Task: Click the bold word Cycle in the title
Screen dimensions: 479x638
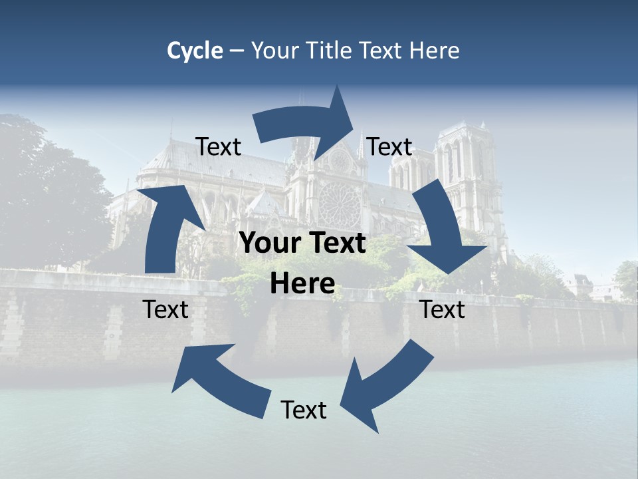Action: coord(195,51)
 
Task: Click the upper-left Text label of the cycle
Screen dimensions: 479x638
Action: coord(219,147)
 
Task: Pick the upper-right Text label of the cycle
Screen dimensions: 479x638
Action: coord(389,147)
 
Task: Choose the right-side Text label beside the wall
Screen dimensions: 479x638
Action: coord(443,309)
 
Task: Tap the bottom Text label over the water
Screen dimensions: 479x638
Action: coord(304,410)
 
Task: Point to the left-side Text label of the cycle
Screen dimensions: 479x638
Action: coord(165,309)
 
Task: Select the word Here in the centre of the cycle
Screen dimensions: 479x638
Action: coord(302,284)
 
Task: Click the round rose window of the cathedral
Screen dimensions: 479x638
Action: coord(340,203)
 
